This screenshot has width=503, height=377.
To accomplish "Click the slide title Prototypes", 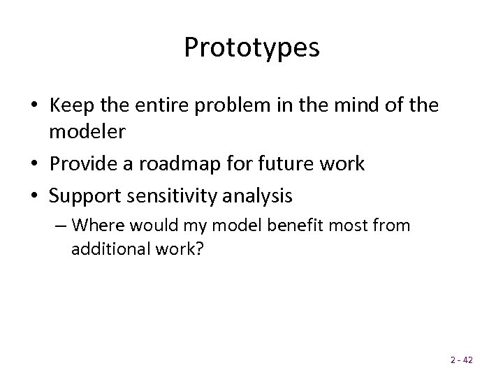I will tap(251, 47).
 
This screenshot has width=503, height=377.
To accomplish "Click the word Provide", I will tap(89, 164).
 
